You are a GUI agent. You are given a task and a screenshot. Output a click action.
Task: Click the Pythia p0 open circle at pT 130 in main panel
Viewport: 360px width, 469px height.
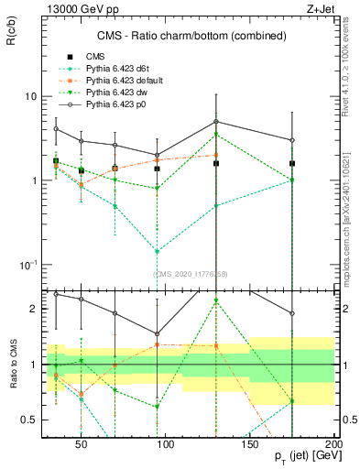(x=216, y=122)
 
